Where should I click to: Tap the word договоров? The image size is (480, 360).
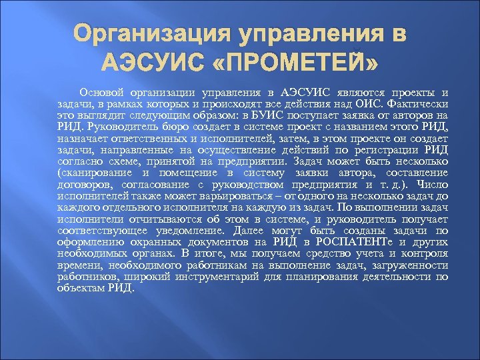click(x=81, y=184)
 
